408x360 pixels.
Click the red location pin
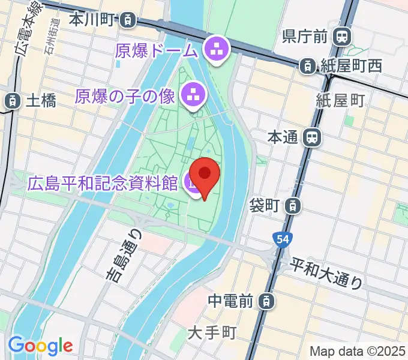(205, 176)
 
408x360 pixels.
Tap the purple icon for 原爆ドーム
(215, 50)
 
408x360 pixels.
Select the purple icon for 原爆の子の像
(194, 94)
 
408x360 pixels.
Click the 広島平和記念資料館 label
(103, 182)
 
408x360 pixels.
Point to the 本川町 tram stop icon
(127, 20)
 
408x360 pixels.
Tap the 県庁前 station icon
(343, 37)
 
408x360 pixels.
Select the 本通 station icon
(311, 138)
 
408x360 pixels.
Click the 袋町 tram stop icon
(292, 206)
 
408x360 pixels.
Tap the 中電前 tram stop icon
(268, 300)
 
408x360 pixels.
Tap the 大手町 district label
(212, 332)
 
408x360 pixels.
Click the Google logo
(40, 346)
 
